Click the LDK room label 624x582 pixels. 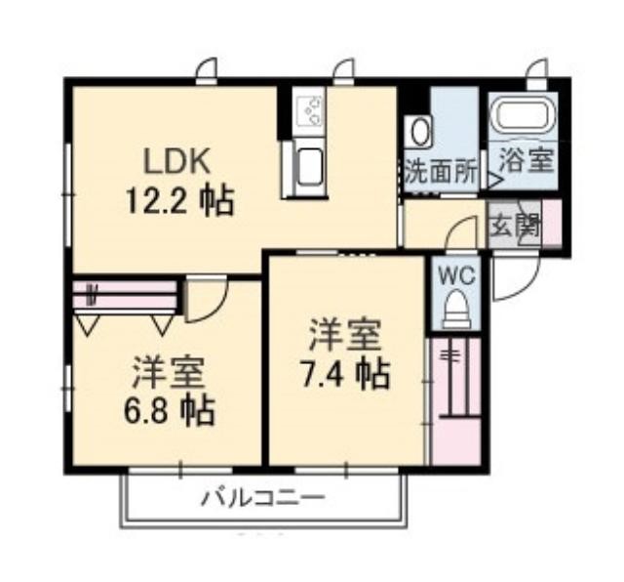[177, 161]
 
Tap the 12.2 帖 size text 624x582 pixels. [179, 201]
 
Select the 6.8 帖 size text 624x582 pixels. [169, 409]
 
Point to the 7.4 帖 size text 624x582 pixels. [345, 373]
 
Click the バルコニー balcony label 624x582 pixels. [263, 498]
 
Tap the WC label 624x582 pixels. [457, 275]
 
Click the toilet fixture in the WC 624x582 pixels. [457, 309]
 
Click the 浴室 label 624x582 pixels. [526, 160]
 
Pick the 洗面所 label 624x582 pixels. [441, 174]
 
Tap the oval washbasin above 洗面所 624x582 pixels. [419, 132]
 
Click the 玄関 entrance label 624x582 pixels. [516, 227]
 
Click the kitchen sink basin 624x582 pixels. [309, 167]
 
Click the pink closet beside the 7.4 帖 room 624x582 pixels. [456, 401]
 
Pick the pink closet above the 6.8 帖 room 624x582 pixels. [125, 294]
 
